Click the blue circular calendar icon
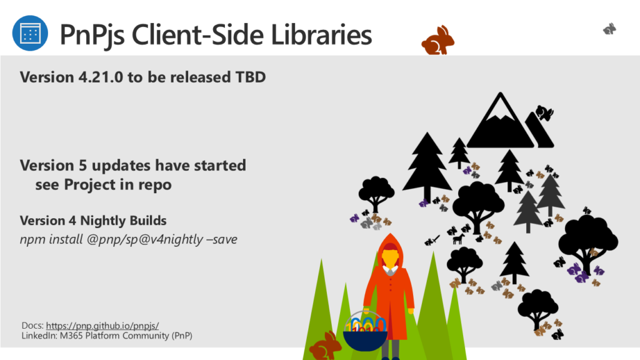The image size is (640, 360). (x=30, y=33)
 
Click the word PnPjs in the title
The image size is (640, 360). (x=92, y=35)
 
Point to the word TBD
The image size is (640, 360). (x=250, y=77)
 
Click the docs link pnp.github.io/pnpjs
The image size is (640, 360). (x=102, y=326)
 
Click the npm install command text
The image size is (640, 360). (x=129, y=239)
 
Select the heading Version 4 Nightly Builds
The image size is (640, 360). (x=93, y=221)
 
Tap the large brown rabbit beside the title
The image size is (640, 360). (x=438, y=41)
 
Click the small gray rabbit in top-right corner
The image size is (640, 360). (x=609, y=29)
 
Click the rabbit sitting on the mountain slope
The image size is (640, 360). (x=544, y=112)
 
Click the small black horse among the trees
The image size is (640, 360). (x=459, y=238)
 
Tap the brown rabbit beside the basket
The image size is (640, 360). (x=325, y=346)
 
